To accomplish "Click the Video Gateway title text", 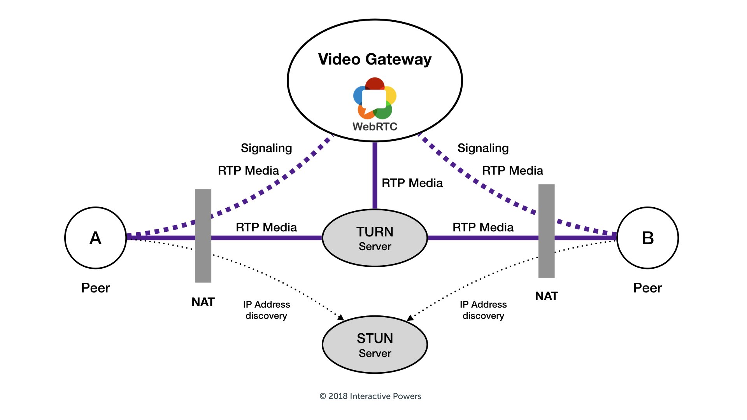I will click(375, 59).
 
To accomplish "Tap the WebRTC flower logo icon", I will click(375, 98).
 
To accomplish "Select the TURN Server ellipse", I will click(375, 238).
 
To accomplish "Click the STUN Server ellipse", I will click(375, 345).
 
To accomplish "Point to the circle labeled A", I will click(95, 238).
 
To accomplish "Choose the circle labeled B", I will click(647, 238).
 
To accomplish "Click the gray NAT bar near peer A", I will click(203, 236).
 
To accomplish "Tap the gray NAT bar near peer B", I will click(546, 231).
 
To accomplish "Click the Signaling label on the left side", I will click(266, 148).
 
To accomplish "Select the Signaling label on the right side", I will click(483, 148).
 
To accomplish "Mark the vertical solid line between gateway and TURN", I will click(375, 175).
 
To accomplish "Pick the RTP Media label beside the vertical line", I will click(412, 183).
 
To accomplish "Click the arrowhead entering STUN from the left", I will click(341, 318).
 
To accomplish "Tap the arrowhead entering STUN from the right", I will click(410, 318).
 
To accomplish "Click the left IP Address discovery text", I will click(267, 310).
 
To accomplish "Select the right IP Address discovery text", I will click(483, 310).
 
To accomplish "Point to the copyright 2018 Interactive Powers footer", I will click(370, 396).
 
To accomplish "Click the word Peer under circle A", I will click(95, 288).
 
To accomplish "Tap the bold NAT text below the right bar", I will click(546, 296).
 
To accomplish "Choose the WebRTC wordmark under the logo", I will click(375, 127).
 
